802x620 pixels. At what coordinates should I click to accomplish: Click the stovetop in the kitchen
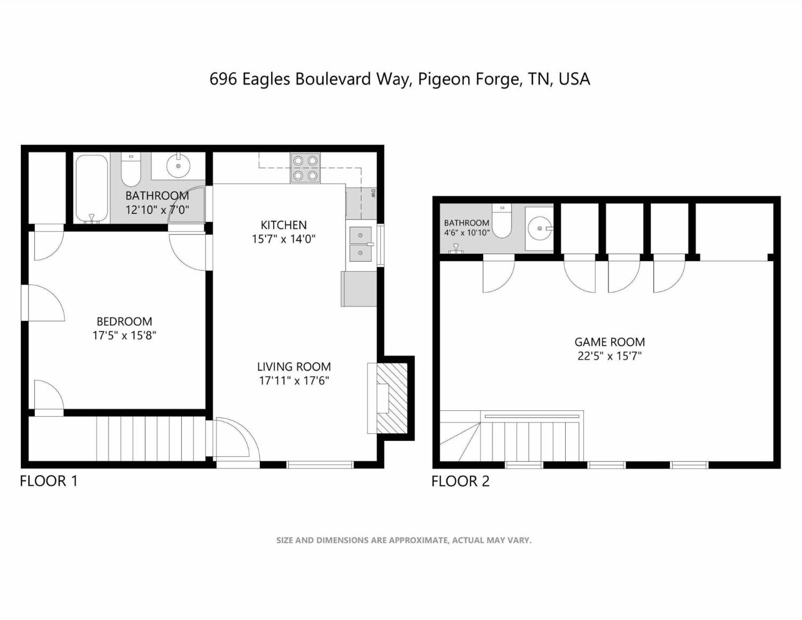tap(305, 168)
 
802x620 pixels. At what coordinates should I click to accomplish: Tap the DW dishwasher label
tap(373, 193)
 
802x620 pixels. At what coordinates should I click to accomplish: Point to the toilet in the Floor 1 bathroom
tap(131, 170)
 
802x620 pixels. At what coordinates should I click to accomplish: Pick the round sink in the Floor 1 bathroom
tap(178, 166)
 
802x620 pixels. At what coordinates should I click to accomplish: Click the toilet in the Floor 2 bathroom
tap(502, 221)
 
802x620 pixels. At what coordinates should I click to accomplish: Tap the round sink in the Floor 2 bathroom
tap(540, 229)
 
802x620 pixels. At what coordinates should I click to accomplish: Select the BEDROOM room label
tap(124, 321)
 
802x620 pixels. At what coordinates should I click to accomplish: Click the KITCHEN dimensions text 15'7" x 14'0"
tap(284, 239)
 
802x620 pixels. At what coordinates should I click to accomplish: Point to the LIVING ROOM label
tap(294, 366)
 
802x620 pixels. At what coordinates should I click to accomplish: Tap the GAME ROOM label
tap(609, 342)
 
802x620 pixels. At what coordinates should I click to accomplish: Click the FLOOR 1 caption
tap(49, 481)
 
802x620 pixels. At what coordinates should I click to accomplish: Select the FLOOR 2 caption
tap(460, 481)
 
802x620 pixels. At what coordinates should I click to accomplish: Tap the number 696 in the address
tap(223, 79)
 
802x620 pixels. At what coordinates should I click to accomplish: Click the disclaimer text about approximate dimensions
tap(404, 540)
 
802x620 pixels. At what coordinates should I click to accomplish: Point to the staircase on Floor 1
tap(151, 439)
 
